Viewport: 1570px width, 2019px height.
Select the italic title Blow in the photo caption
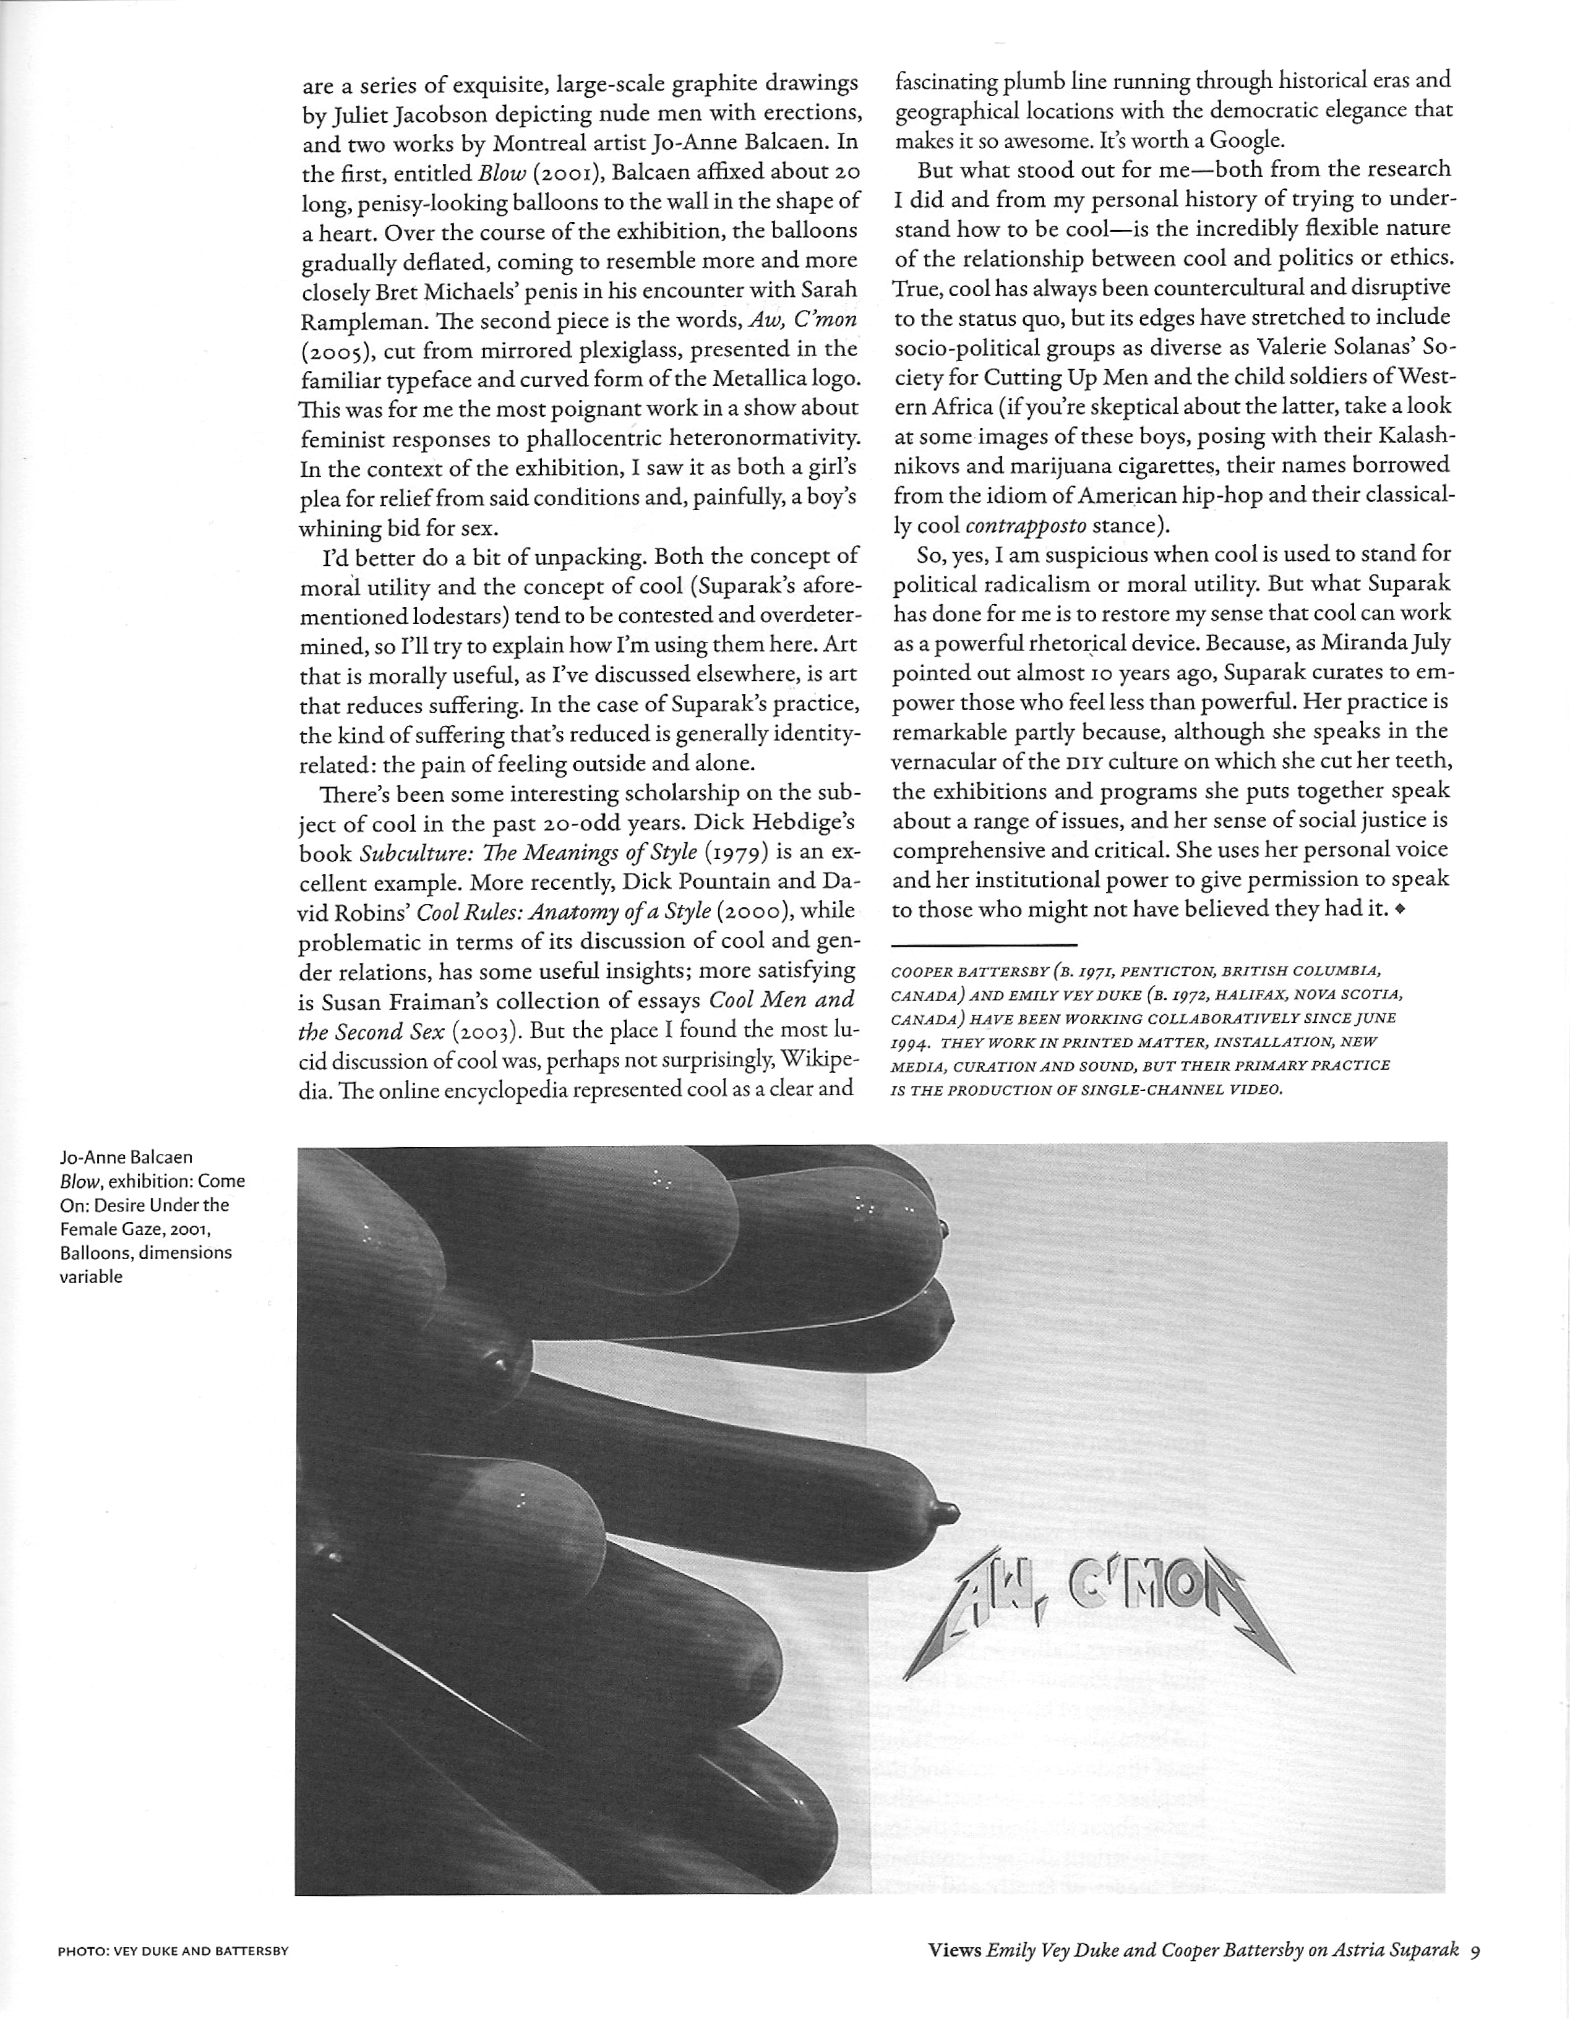point(80,1180)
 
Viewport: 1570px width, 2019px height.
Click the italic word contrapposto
point(1026,525)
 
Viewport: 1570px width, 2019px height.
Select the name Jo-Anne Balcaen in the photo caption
point(126,1156)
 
